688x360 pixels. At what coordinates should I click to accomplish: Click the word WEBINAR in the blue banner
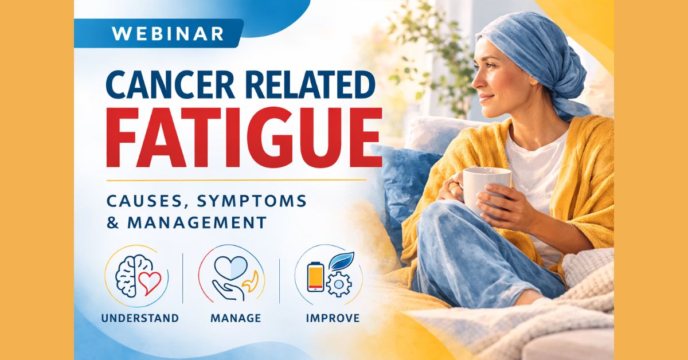pos(167,33)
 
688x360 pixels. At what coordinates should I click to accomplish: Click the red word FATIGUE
pos(244,138)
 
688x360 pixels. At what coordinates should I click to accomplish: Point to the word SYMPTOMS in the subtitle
pos(252,201)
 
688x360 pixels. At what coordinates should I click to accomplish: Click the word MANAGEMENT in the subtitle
pos(197,222)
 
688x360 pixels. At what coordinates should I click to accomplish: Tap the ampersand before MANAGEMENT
pos(113,222)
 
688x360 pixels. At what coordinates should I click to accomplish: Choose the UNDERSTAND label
pos(140,318)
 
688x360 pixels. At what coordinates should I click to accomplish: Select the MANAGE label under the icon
pos(236,318)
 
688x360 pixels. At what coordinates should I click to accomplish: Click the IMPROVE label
pos(333,318)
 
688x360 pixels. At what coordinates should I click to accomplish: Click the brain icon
pos(128,276)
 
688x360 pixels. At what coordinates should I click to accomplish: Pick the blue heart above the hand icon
pos(230,267)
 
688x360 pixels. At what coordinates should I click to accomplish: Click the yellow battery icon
pos(315,276)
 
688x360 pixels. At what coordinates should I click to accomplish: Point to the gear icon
pos(338,284)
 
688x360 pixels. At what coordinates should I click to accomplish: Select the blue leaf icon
pos(341,260)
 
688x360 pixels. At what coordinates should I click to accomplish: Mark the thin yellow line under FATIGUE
pos(236,180)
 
